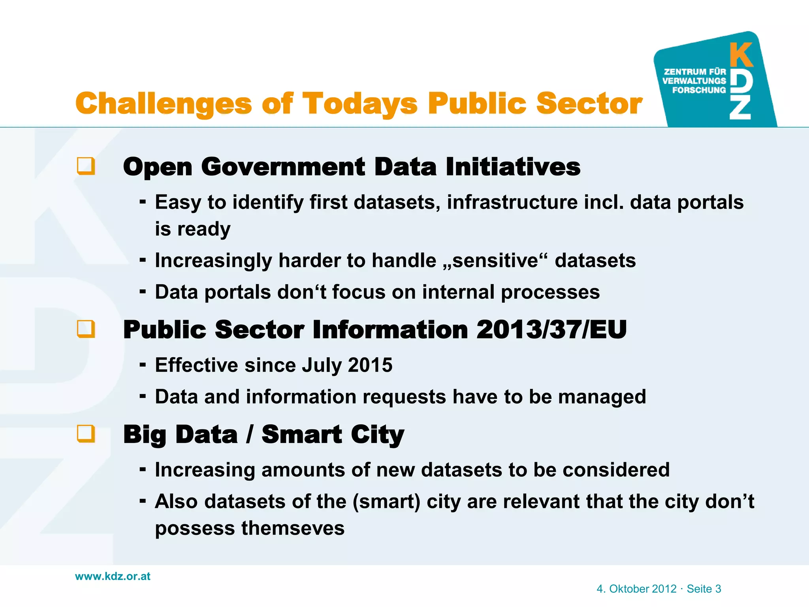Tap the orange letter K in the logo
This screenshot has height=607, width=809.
point(741,55)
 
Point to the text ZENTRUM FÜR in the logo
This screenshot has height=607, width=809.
point(695,72)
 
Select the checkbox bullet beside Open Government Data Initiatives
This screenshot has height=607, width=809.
point(86,166)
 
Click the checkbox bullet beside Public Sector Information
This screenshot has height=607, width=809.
point(86,329)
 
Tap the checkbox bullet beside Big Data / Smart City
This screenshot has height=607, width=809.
point(86,434)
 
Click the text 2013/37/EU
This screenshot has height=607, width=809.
point(551,329)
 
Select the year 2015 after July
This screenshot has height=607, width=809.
point(370,365)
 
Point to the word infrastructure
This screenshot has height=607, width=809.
point(512,202)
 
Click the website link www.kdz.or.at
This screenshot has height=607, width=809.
point(113,576)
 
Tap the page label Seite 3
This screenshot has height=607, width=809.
point(704,589)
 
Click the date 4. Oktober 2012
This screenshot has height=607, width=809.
point(636,589)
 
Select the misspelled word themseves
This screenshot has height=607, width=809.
point(293,528)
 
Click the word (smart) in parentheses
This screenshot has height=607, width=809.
point(386,501)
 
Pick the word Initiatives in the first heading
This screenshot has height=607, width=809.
point(513,166)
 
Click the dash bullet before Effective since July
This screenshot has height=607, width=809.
point(143,364)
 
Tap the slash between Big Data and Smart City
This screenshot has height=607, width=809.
point(249,434)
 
